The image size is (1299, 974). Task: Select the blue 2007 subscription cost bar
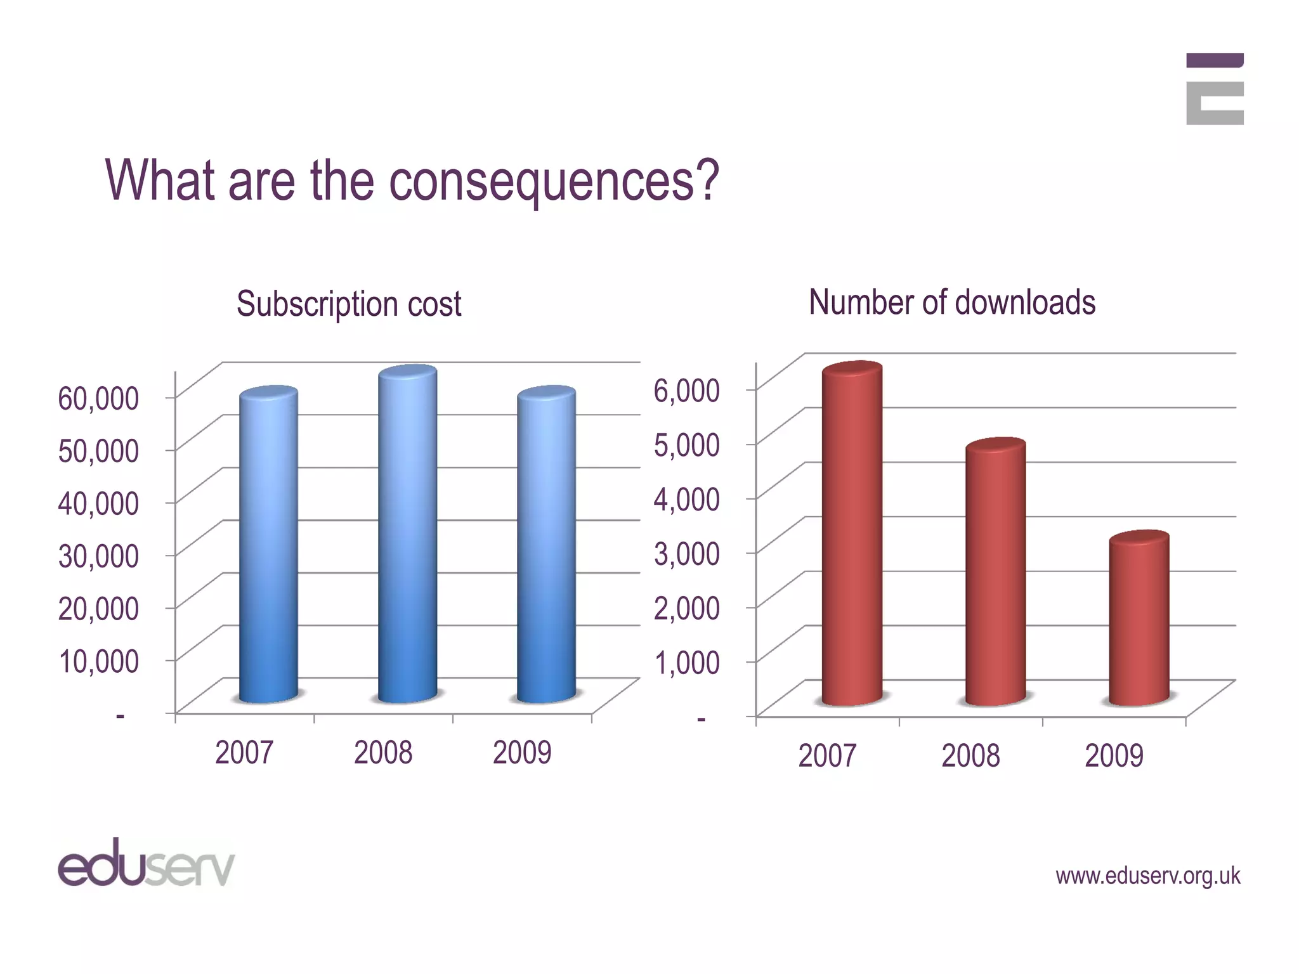pyautogui.click(x=268, y=545)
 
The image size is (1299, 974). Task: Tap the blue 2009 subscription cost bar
pyautogui.click(x=546, y=545)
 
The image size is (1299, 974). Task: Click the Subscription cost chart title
pyautogui.click(x=349, y=304)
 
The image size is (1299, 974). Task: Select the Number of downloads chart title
pyautogui.click(x=952, y=302)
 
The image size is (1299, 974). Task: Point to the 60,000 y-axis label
pyautogui.click(x=98, y=398)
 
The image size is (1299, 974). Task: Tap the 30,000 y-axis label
pyautogui.click(x=98, y=555)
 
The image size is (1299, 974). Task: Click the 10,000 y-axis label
pyautogui.click(x=98, y=661)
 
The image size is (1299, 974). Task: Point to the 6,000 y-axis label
pyautogui.click(x=686, y=389)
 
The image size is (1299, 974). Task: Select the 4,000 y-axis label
pyautogui.click(x=686, y=498)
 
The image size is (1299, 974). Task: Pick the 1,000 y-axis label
pyautogui.click(x=686, y=662)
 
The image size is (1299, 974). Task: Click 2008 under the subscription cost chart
pyautogui.click(x=383, y=753)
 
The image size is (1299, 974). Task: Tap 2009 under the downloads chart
pyautogui.click(x=1114, y=755)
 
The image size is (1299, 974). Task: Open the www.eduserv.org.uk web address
pyautogui.click(x=1147, y=876)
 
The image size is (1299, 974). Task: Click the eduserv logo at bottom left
pyautogui.click(x=146, y=863)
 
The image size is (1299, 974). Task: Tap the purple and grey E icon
pyautogui.click(x=1214, y=89)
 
